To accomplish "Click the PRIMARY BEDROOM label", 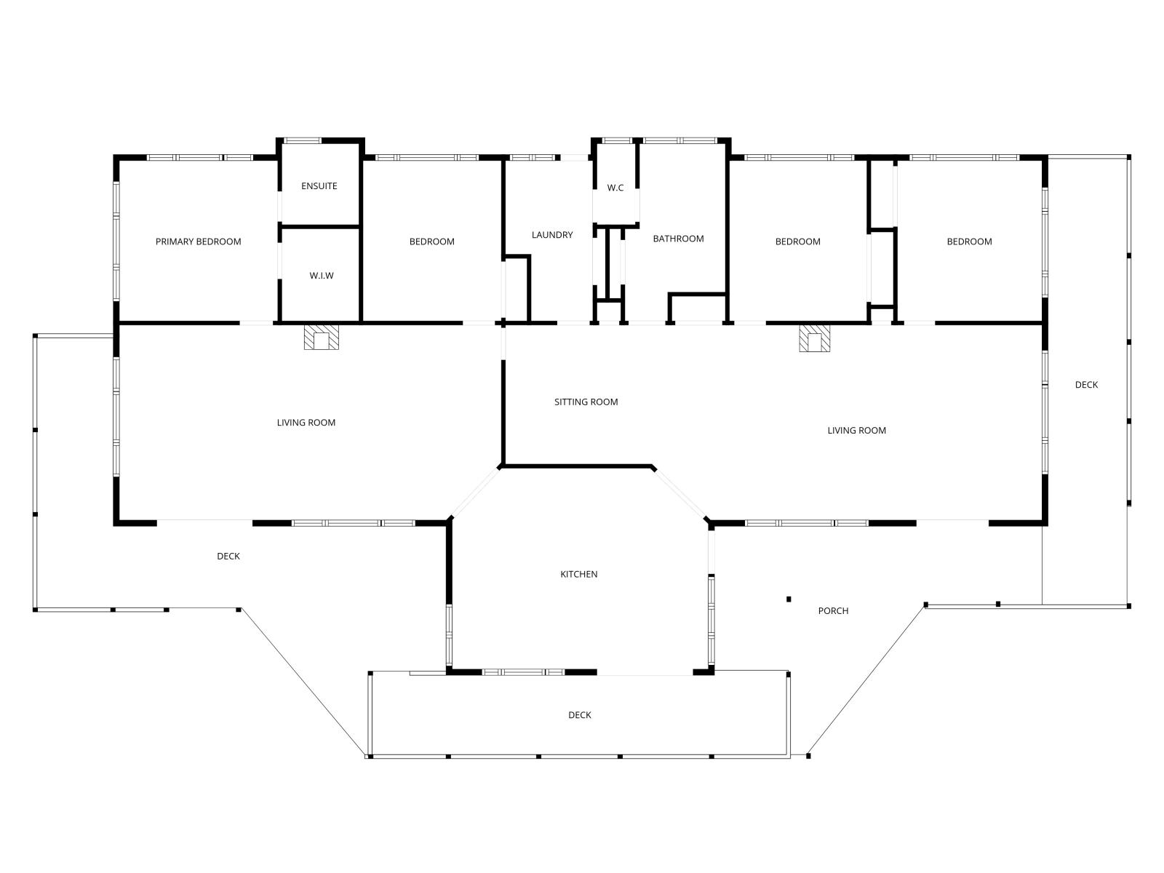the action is pyautogui.click(x=198, y=242).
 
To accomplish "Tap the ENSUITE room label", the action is pyautogui.click(x=319, y=186).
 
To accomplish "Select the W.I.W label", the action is pyautogui.click(x=322, y=276).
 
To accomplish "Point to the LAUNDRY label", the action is pyautogui.click(x=552, y=235).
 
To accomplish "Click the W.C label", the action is pyautogui.click(x=615, y=188).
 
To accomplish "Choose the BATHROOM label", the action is pyautogui.click(x=678, y=239).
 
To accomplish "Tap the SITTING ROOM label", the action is pyautogui.click(x=586, y=402).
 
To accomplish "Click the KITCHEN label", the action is pyautogui.click(x=578, y=574).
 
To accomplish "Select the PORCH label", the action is pyautogui.click(x=833, y=610).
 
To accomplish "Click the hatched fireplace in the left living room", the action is pyautogui.click(x=322, y=337).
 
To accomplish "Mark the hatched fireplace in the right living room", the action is pyautogui.click(x=815, y=338).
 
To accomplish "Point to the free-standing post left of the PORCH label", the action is pyautogui.click(x=789, y=599).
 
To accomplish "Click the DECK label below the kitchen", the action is pyautogui.click(x=580, y=715).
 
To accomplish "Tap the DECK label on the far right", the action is pyautogui.click(x=1086, y=385).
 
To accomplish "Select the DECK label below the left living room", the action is pyautogui.click(x=228, y=556).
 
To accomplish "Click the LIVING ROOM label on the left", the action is pyautogui.click(x=306, y=423).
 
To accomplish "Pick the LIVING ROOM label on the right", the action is pyautogui.click(x=856, y=431).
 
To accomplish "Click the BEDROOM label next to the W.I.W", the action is pyautogui.click(x=431, y=242).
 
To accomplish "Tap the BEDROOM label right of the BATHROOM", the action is pyautogui.click(x=797, y=242).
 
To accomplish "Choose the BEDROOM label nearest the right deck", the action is pyautogui.click(x=969, y=242).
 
